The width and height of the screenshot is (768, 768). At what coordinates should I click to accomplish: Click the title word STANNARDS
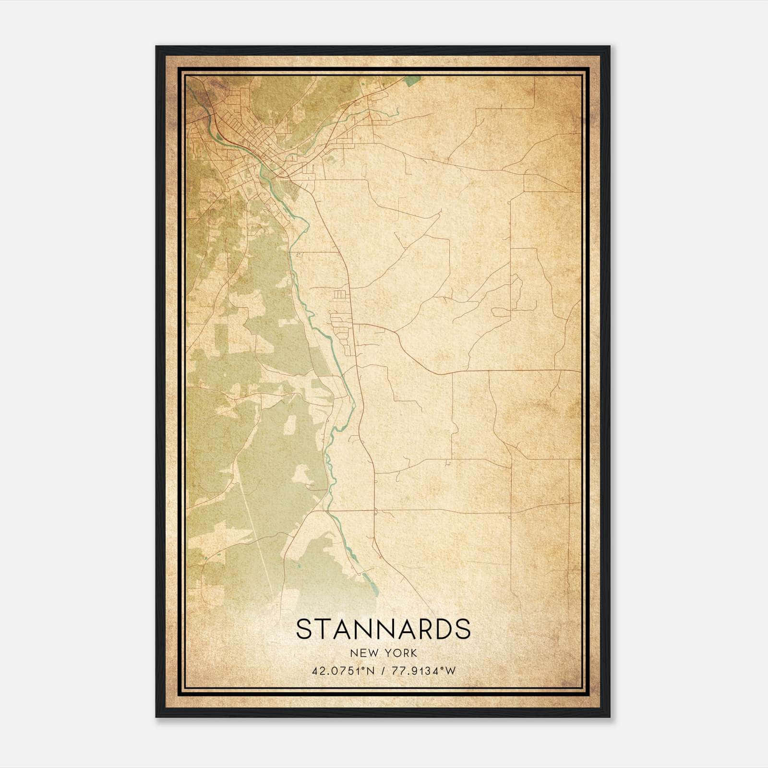pyautogui.click(x=383, y=629)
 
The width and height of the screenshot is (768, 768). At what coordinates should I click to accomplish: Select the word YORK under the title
pyautogui.click(x=399, y=653)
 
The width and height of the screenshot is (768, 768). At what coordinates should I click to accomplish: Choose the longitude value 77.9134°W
pyautogui.click(x=424, y=671)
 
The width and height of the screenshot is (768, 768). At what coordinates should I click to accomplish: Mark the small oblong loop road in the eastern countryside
pyautogui.click(x=502, y=312)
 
